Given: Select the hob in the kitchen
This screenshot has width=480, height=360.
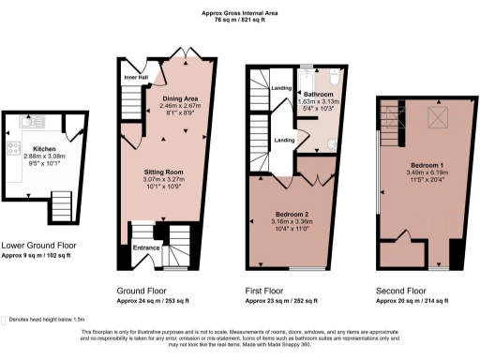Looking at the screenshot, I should tap(11, 148).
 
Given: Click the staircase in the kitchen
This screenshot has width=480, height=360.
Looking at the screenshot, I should tap(62, 202).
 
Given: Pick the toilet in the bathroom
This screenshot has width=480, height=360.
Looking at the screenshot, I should tap(337, 143).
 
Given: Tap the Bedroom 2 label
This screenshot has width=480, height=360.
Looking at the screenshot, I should tap(290, 215).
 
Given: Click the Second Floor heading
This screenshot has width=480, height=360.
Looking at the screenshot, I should tap(402, 292).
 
